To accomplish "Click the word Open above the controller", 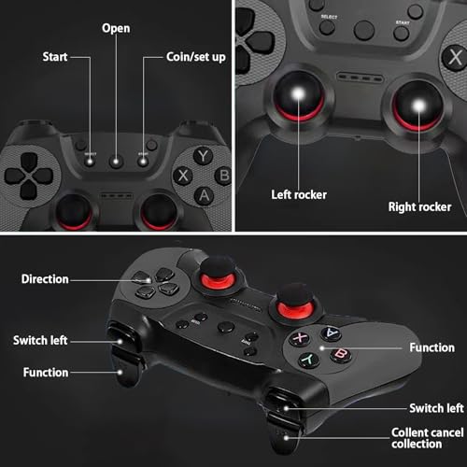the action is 116,28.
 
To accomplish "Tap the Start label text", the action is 55,57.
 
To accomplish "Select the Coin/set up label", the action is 196,57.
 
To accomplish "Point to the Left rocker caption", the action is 299,194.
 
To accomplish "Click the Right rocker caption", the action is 419,206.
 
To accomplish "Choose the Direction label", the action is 45,279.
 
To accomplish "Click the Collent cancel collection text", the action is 428,438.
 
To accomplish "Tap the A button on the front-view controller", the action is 204,196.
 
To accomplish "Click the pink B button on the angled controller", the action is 341,354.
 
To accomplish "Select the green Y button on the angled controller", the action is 309,360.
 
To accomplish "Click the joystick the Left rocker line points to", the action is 298,95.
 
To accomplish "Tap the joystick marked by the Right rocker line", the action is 418,106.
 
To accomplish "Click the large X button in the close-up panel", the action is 455,58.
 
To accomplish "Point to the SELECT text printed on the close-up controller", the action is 329,17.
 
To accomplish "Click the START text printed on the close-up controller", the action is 403,22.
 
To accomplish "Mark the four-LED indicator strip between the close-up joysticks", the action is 360,77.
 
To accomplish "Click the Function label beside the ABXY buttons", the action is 432,347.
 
